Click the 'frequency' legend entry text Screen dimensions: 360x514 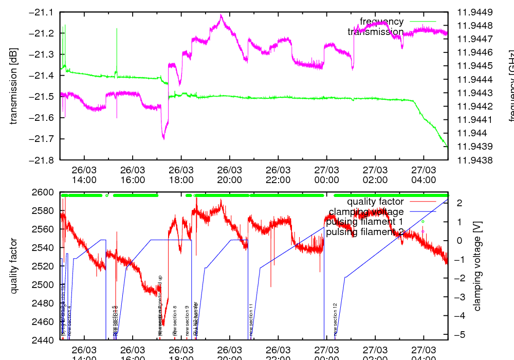tap(381, 22)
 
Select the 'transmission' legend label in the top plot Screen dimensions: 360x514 tap(375, 32)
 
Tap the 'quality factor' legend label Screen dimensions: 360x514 tap(375, 202)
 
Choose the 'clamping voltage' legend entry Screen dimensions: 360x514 tap(366, 212)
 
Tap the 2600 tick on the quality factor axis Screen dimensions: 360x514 tap(45, 192)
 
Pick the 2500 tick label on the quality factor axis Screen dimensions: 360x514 tap(45, 284)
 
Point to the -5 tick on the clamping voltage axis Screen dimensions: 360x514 tap(459, 335)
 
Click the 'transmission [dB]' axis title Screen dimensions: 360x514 tap(14, 86)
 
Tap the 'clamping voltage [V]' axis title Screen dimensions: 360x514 tap(478, 266)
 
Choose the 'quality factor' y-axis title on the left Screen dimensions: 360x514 tap(14, 266)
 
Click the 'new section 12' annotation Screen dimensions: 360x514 tap(335, 319)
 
